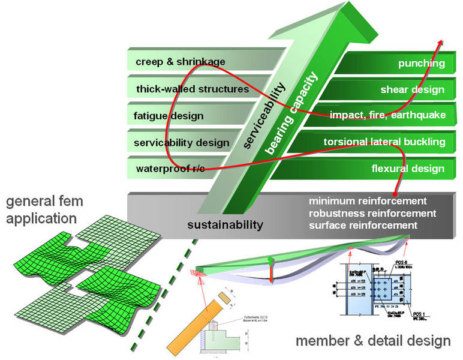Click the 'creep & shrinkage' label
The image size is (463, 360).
pyautogui.click(x=172, y=62)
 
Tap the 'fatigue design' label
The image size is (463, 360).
pyautogui.click(x=170, y=116)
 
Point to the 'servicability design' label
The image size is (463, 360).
pyautogui.click(x=182, y=143)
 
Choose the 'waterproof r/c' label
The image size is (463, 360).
pyautogui.click(x=170, y=169)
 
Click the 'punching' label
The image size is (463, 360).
pyautogui.click(x=421, y=63)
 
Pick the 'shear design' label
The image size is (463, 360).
pyautogui.click(x=412, y=90)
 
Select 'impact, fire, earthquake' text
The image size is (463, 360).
pyautogui.click(x=387, y=115)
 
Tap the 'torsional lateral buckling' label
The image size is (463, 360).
pyautogui.click(x=384, y=142)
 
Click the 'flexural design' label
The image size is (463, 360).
pyautogui.click(x=408, y=169)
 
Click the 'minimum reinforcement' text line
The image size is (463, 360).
pyautogui.click(x=367, y=201)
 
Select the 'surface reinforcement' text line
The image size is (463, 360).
pyautogui.click(x=362, y=225)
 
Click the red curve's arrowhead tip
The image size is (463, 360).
pyautogui.click(x=443, y=40)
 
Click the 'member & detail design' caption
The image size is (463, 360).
pyautogui.click(x=372, y=341)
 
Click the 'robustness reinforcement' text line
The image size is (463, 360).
pyautogui.click(x=371, y=213)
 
